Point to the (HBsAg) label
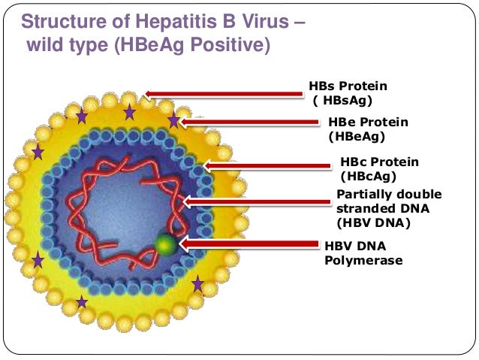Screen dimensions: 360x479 coord(342,100)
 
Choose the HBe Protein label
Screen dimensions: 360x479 coord(368,123)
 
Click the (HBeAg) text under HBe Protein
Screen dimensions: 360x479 coord(357,136)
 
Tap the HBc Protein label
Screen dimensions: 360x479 coord(379,162)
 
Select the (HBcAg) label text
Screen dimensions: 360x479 coord(368,176)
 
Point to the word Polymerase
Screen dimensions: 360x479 coord(363,260)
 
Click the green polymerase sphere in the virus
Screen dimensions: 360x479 coord(167,244)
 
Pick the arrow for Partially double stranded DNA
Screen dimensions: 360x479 coord(255,201)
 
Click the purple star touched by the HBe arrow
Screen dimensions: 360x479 coord(174,120)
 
